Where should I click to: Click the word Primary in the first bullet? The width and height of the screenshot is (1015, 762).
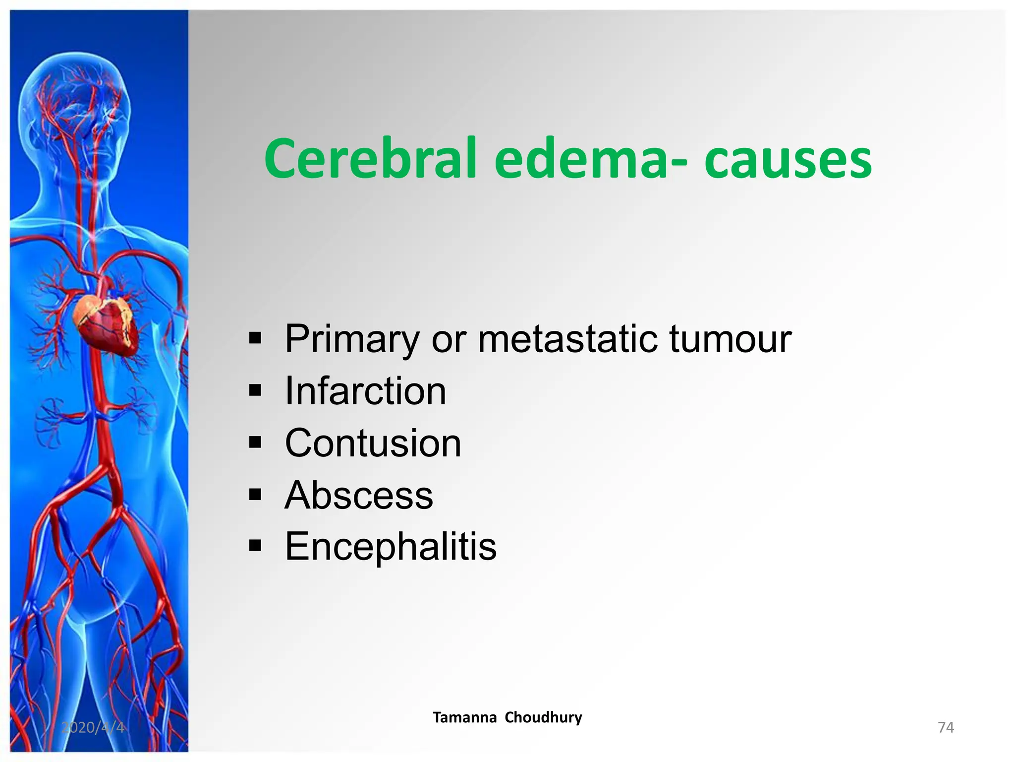pyautogui.click(x=352, y=340)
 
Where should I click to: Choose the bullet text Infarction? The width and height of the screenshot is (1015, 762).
pyautogui.click(x=366, y=391)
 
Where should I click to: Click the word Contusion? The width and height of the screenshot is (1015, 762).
pyautogui.click(x=373, y=443)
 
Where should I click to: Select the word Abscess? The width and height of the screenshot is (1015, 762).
pyautogui.click(x=359, y=495)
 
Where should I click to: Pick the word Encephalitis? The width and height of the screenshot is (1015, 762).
pyautogui.click(x=391, y=547)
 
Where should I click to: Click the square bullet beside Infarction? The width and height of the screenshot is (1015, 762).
pyautogui.click(x=255, y=390)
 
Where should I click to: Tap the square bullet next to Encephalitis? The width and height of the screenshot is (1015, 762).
pyautogui.click(x=255, y=546)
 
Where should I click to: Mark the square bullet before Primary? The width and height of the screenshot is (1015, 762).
pyautogui.click(x=255, y=339)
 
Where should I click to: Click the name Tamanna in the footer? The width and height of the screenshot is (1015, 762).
pyautogui.click(x=464, y=717)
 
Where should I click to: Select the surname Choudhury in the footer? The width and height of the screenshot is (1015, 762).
pyautogui.click(x=543, y=717)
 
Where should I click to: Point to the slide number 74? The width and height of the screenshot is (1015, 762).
pyautogui.click(x=946, y=727)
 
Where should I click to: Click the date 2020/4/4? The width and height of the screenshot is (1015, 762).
pyautogui.click(x=93, y=727)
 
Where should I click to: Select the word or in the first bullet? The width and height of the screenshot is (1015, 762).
pyautogui.click(x=449, y=340)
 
